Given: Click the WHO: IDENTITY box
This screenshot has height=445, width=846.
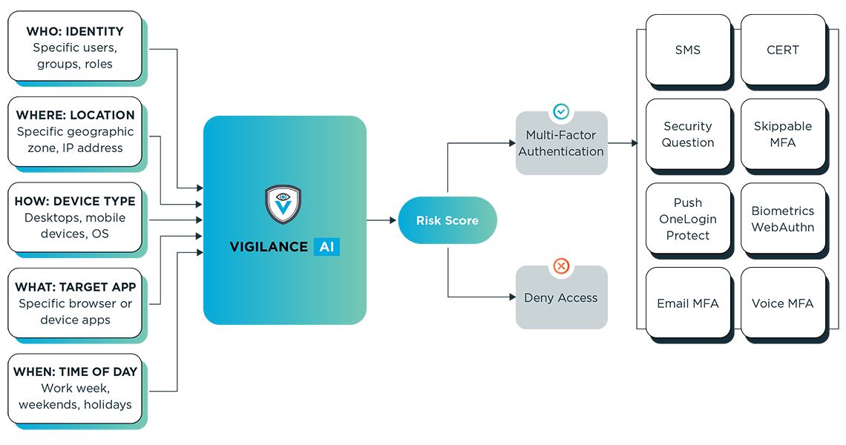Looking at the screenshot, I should tap(75, 47).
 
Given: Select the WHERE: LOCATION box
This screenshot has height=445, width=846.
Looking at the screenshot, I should tap(75, 131).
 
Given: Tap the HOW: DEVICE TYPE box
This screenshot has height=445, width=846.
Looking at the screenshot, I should tap(75, 217).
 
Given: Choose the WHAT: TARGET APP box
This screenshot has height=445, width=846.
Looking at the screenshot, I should tap(75, 303).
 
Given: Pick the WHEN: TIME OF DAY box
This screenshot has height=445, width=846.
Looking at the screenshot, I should tap(75, 389).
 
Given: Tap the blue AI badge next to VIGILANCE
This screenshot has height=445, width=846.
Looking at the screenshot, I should tap(327, 247).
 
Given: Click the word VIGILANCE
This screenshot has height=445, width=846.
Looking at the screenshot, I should tap(268, 247).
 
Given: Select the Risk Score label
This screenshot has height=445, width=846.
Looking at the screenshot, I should tap(447, 220).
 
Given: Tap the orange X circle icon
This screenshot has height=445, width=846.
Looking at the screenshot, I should tap(562, 266).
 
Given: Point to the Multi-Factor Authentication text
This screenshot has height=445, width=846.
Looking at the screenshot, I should tap(561, 143).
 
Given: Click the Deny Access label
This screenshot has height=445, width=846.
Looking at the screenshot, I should tap(561, 297).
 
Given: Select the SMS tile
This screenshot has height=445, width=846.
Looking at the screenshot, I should tap(688, 50).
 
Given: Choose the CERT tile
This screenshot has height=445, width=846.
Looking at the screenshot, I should tap(783, 50).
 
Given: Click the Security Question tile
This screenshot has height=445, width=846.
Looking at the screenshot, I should tap(688, 134).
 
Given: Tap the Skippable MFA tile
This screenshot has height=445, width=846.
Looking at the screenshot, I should tap(783, 134).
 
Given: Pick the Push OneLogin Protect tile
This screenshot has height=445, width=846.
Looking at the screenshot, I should tap(688, 219).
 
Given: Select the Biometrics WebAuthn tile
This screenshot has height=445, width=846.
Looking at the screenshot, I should tap(783, 219).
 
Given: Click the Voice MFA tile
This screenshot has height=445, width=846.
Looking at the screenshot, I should tap(783, 303).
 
